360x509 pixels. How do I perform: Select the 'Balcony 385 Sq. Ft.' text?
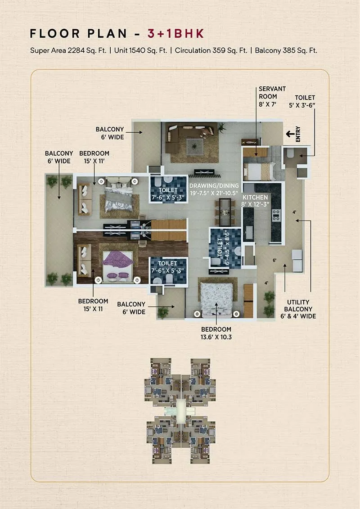286,50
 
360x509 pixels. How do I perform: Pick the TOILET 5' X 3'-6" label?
305,101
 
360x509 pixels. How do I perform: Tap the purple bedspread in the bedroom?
117,261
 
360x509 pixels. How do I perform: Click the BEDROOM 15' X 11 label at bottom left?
93,305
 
